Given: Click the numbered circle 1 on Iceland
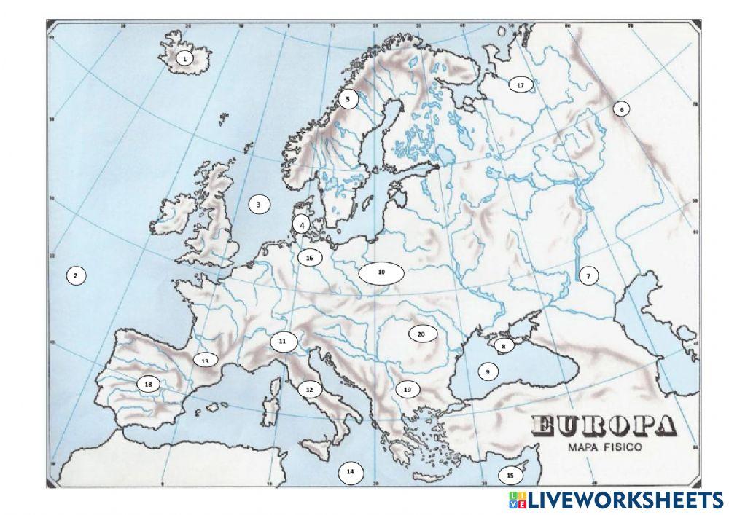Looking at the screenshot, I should tap(185, 58).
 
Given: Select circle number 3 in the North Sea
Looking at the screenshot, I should tap(258, 205).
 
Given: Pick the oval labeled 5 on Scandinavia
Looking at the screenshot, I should tap(348, 98).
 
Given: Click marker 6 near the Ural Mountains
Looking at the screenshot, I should tap(621, 109).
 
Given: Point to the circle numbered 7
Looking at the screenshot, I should tap(588, 275).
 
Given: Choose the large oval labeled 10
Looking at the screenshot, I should tap(381, 272).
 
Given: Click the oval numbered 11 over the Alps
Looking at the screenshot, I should tap(283, 340).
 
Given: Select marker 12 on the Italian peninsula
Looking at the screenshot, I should tap(309, 390).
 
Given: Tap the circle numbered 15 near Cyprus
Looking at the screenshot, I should tap(510, 476).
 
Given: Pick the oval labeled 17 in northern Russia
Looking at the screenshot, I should tap(520, 85).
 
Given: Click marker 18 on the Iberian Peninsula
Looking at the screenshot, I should tap(149, 384).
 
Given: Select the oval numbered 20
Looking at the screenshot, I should tap(421, 334).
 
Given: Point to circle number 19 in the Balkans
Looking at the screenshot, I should tap(408, 390).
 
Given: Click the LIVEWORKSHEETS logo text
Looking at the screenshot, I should tap(624, 500).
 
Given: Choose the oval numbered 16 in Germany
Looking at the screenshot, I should tap(309, 257).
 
